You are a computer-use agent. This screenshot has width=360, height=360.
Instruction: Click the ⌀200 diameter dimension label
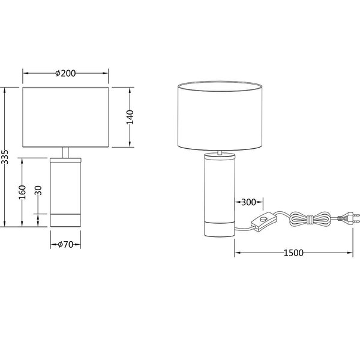tap(65, 73)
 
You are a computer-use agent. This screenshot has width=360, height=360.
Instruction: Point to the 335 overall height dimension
tap(5, 157)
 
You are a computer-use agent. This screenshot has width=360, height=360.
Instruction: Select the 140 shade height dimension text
tap(130, 117)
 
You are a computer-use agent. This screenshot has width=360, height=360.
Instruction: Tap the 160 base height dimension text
tap(22, 193)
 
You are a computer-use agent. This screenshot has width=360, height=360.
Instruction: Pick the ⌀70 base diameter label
tap(65, 244)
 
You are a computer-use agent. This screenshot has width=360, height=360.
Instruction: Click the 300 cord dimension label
tap(248, 202)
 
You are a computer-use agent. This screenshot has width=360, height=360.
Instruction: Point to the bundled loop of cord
tap(308, 219)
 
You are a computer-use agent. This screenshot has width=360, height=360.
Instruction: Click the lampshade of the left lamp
tap(65, 117)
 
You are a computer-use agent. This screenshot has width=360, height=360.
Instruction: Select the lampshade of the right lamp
tap(221, 114)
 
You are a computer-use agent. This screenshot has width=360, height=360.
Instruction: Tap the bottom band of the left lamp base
tap(65, 220)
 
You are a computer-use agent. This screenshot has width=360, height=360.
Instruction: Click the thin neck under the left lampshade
tap(65, 152)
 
